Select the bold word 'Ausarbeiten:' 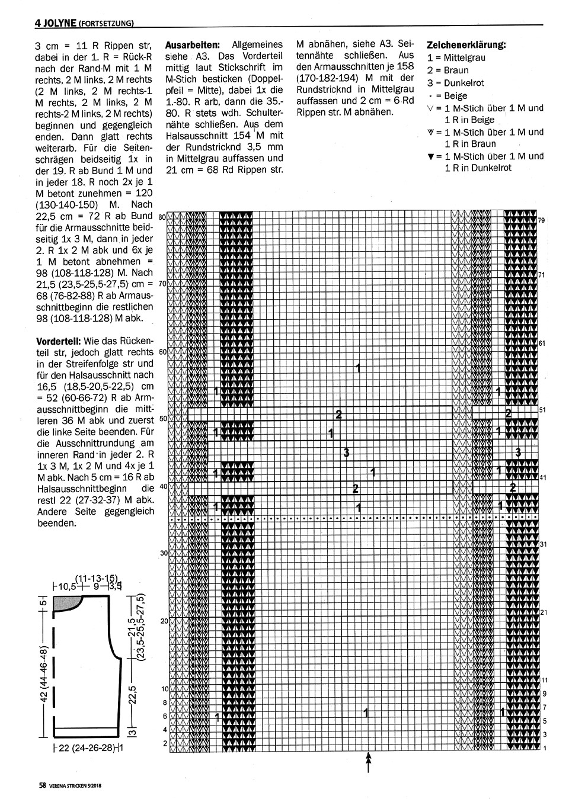193,44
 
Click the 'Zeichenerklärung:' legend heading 466,45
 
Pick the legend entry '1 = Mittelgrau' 456,57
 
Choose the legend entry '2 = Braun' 447,70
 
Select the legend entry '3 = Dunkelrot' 455,83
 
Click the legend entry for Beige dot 447,95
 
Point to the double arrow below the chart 369,762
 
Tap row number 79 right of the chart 541,220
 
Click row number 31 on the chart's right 541,544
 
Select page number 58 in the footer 42,786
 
